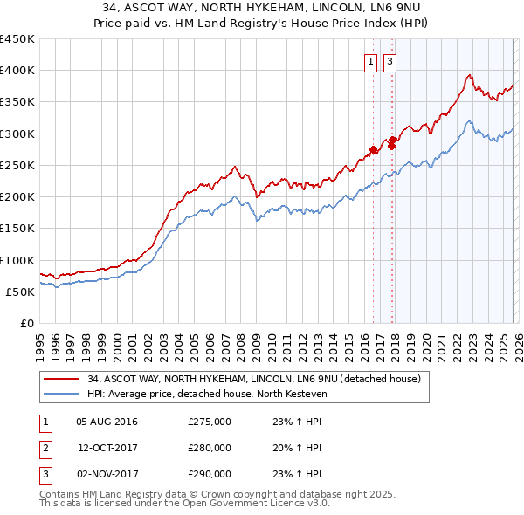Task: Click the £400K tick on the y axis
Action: [17, 71]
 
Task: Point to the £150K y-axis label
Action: [17, 229]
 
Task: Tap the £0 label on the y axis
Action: [26, 324]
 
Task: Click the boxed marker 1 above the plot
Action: [371, 61]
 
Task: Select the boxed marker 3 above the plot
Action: [389, 61]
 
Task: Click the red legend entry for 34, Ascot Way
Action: [254, 379]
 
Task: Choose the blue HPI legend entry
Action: [205, 394]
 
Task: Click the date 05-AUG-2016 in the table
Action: [107, 422]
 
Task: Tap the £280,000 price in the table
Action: [210, 448]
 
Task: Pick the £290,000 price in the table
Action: [210, 474]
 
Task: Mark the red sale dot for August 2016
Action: [373, 149]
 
